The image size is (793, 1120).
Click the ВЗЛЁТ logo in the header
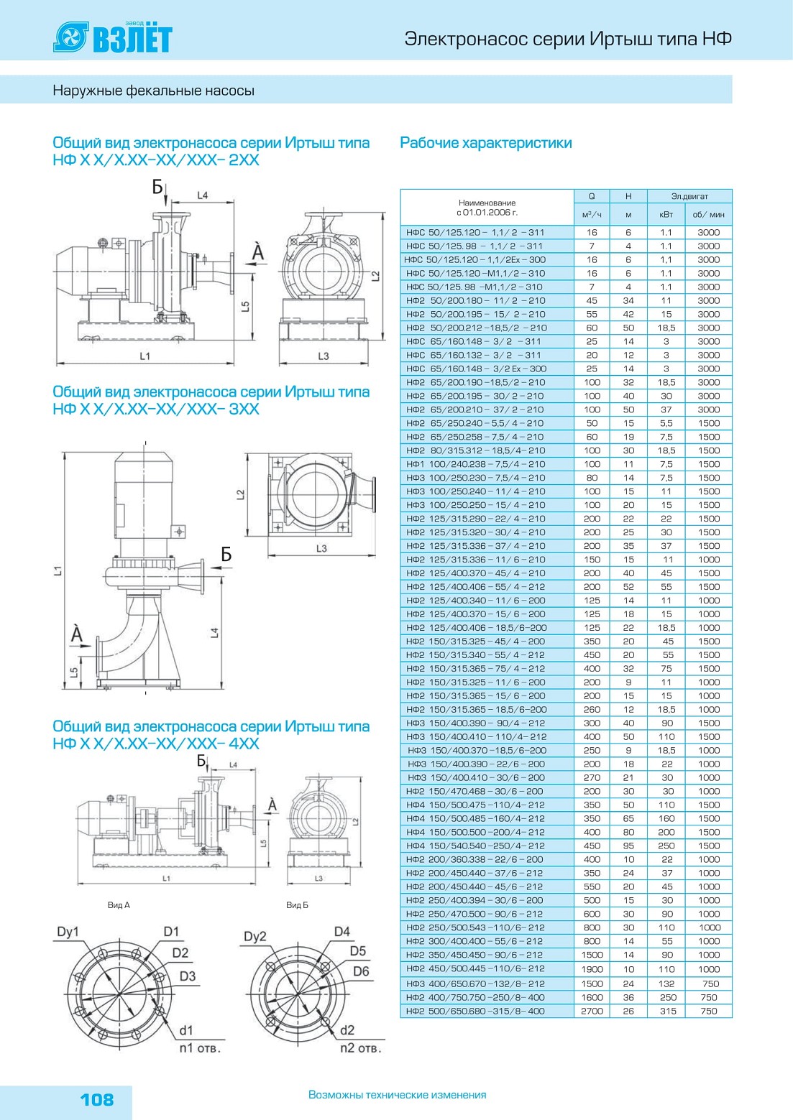pos(113,37)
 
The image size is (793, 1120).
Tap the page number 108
pos(97,1099)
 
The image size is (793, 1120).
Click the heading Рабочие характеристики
pos(486,143)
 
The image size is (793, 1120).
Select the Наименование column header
pos(487,208)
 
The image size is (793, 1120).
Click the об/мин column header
pos(708,215)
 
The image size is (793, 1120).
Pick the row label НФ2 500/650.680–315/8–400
pos(475,1011)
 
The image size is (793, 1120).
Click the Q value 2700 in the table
pos(592,1011)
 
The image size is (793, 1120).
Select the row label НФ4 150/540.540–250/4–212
pos(475,846)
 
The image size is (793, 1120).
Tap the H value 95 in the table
pos(628,846)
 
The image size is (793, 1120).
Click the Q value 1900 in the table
pos(592,969)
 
